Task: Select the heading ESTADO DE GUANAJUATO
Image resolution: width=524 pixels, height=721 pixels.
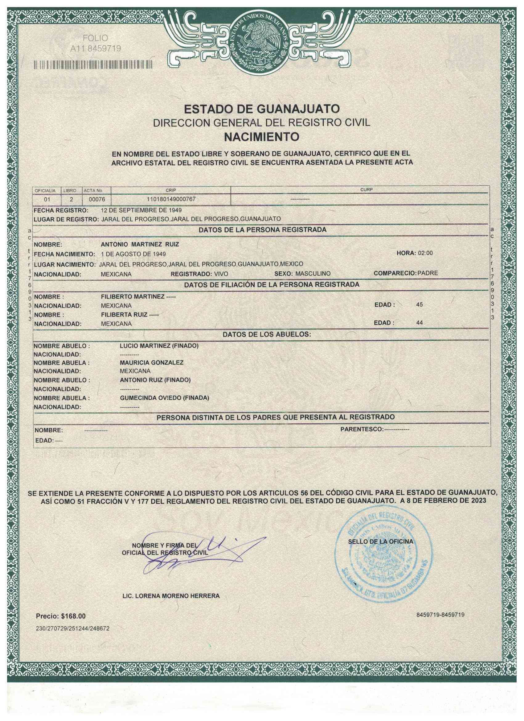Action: point(262,109)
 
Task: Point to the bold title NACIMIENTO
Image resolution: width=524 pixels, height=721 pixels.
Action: point(262,137)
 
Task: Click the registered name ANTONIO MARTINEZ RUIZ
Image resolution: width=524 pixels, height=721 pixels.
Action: point(140,245)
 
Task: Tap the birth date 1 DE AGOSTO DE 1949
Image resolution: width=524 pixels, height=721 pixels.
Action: point(133,254)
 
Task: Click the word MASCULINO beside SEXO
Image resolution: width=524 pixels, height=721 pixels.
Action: point(313,274)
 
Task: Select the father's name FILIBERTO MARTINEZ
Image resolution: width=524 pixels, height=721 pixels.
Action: point(133,297)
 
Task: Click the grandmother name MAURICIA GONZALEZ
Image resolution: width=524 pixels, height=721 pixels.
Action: point(152,362)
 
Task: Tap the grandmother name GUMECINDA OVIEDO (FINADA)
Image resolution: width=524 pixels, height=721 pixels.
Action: point(164,398)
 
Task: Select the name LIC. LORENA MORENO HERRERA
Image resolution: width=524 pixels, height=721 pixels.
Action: point(171,596)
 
